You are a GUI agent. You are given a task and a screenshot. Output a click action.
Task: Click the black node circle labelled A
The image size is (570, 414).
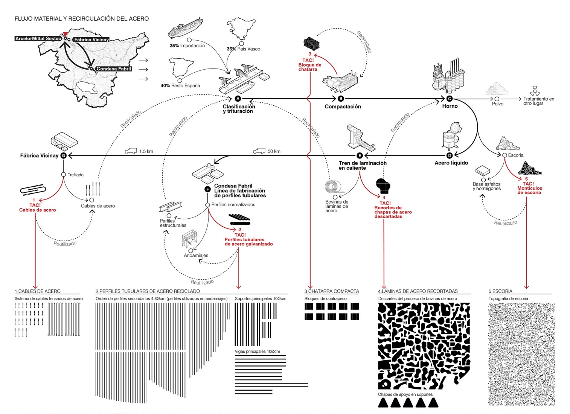[238, 99]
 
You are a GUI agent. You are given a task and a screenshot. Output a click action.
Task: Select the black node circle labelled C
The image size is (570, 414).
[449, 99]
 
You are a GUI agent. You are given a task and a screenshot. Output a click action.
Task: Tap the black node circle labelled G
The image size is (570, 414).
[63, 155]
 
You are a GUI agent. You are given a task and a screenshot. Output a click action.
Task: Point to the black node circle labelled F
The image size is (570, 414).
[207, 189]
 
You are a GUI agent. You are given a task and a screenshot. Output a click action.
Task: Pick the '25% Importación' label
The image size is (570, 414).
[187, 46]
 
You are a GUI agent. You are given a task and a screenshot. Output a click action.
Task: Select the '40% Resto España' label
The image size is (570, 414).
[180, 86]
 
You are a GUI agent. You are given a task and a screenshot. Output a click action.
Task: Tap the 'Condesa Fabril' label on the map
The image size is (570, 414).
[114, 69]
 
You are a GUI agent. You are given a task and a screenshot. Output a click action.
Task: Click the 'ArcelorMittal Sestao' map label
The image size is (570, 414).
[38, 39]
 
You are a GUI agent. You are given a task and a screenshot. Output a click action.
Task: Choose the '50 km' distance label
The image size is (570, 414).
[274, 151]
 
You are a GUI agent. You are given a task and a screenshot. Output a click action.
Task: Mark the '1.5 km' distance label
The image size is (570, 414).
[146, 151]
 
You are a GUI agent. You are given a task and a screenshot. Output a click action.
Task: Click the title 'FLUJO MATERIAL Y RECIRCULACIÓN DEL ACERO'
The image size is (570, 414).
[82, 18]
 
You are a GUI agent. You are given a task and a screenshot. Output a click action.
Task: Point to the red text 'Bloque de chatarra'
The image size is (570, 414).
[310, 67]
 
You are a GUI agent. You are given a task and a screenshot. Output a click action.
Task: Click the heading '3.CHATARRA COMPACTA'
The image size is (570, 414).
[332, 291]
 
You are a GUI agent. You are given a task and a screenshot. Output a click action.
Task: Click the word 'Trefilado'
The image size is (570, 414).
[76, 175]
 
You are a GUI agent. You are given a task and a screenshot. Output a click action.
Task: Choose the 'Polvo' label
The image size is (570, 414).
[497, 104]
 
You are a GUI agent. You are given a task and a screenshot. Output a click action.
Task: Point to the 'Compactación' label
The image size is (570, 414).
[343, 107]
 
